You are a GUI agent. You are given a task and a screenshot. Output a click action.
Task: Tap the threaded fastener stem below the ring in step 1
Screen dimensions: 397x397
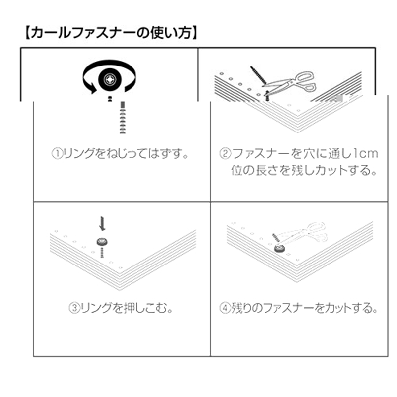tap(123, 118)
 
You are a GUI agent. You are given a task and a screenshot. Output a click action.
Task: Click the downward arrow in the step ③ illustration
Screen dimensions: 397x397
tap(102, 223)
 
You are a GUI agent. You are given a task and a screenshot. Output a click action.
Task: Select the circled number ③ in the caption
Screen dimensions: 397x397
tap(73, 308)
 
